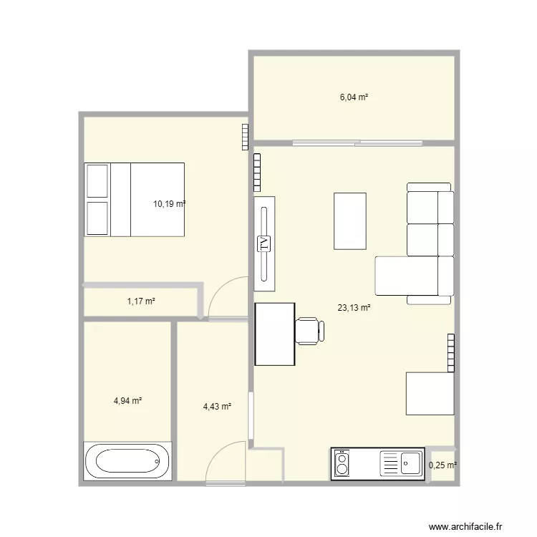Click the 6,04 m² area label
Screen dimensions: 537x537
354,97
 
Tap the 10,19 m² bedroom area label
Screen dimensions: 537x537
169,204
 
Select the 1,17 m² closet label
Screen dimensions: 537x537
141,301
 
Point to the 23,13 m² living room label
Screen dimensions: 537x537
354,308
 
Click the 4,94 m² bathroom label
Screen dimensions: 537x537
127,400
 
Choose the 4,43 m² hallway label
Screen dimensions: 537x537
217,407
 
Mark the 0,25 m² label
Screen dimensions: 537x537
442,465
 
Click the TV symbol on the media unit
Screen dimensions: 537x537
263,244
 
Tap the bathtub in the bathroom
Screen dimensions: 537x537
127,461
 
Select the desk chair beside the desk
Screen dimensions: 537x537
309,331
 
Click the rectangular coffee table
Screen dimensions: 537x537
350,221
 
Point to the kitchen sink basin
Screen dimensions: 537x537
410,463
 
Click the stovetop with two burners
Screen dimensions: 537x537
342,463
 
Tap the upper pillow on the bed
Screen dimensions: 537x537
97,181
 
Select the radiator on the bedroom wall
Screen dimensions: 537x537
245,137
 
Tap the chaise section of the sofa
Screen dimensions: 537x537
407,276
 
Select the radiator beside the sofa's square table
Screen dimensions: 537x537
451,353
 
